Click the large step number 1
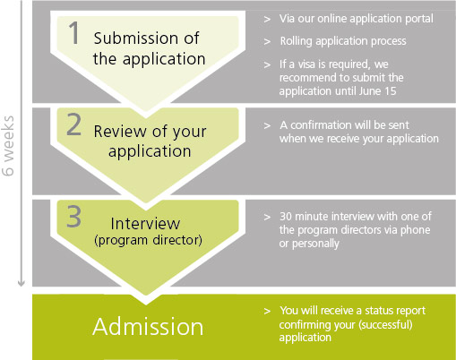click(x=74, y=33)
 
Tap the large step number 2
click(x=74, y=124)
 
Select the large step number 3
click(x=73, y=217)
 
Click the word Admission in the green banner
click(x=148, y=327)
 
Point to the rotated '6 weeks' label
click(x=8, y=146)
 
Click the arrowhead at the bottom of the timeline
click(x=21, y=283)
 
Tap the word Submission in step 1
click(x=136, y=39)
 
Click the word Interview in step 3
click(x=145, y=223)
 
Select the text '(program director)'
click(x=148, y=240)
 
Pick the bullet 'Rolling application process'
click(x=343, y=41)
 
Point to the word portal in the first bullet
click(x=419, y=19)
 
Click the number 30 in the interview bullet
click(x=286, y=217)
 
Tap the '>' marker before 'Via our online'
click(x=267, y=20)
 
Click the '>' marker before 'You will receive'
click(x=267, y=312)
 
